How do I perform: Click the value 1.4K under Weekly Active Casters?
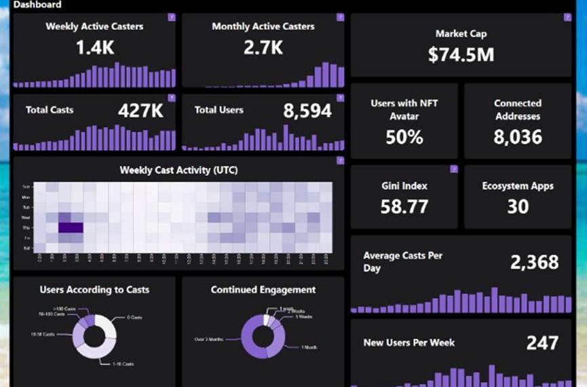[x=94, y=48]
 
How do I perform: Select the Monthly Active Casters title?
[x=263, y=26]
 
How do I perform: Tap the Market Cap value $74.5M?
[x=461, y=55]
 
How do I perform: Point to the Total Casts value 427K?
[x=140, y=111]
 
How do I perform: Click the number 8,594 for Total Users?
[x=307, y=111]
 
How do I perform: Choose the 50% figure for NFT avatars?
[x=404, y=137]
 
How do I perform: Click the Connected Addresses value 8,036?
[x=518, y=137]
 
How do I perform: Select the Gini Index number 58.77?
[x=404, y=206]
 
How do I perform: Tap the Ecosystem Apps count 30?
[x=518, y=206]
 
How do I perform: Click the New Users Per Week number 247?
[x=542, y=343]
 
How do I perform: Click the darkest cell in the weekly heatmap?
[x=71, y=228]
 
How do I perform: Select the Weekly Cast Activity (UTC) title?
[x=178, y=170]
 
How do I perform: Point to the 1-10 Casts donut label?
[x=123, y=364]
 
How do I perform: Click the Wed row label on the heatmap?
[x=26, y=217]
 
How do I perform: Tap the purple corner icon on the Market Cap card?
[x=567, y=18]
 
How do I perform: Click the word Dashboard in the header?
[x=37, y=5]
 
